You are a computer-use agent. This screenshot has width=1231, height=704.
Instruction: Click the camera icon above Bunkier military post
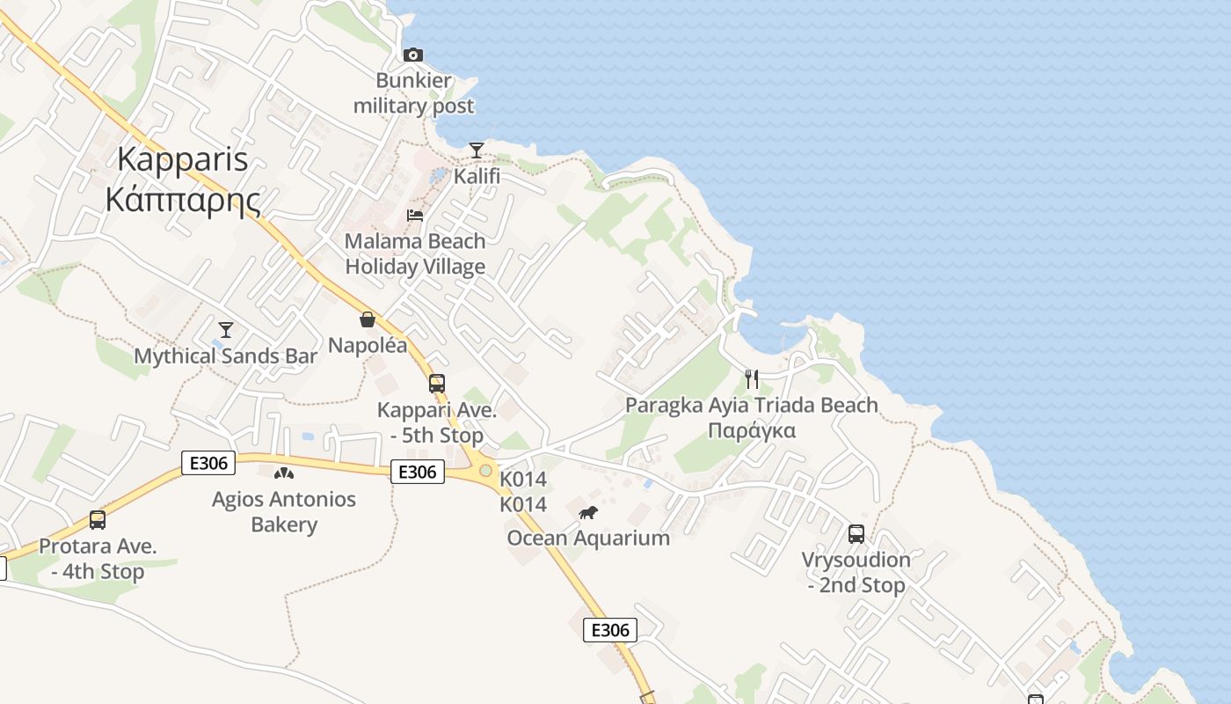coord(413,55)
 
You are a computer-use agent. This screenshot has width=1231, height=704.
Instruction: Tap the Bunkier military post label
coord(413,93)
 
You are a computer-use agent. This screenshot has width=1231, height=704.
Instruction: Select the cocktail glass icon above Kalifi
coord(477,150)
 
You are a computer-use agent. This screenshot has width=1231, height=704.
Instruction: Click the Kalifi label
coord(477,176)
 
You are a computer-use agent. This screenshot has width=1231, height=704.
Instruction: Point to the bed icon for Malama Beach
coord(415,216)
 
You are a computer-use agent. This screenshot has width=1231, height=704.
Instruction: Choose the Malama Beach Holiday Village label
coord(415,253)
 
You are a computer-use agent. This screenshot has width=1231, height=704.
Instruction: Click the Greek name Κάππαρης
coord(183,200)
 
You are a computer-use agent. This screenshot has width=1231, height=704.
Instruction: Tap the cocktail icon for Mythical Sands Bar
coord(226,330)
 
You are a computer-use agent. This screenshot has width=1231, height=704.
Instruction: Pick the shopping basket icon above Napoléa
coord(368,319)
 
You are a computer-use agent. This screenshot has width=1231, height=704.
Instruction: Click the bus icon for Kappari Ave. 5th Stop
coord(437,384)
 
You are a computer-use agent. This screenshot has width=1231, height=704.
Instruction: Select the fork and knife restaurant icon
coord(752,379)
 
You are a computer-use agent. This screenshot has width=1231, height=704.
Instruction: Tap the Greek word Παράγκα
coord(752,430)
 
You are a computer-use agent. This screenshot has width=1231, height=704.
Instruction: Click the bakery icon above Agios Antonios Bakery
coord(284,473)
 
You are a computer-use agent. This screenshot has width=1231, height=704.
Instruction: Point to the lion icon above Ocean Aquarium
coord(588,512)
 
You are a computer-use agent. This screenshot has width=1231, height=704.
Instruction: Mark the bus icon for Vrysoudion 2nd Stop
coord(856,534)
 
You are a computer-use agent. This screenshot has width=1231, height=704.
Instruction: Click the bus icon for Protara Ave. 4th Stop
coord(98,520)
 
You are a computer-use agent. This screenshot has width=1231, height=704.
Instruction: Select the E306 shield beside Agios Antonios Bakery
coord(208,463)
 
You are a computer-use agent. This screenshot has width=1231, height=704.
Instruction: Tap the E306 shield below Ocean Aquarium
coord(610,629)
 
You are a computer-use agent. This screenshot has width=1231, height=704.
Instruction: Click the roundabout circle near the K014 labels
coord(485,471)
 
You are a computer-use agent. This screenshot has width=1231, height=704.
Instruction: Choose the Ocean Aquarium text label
coord(588,538)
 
